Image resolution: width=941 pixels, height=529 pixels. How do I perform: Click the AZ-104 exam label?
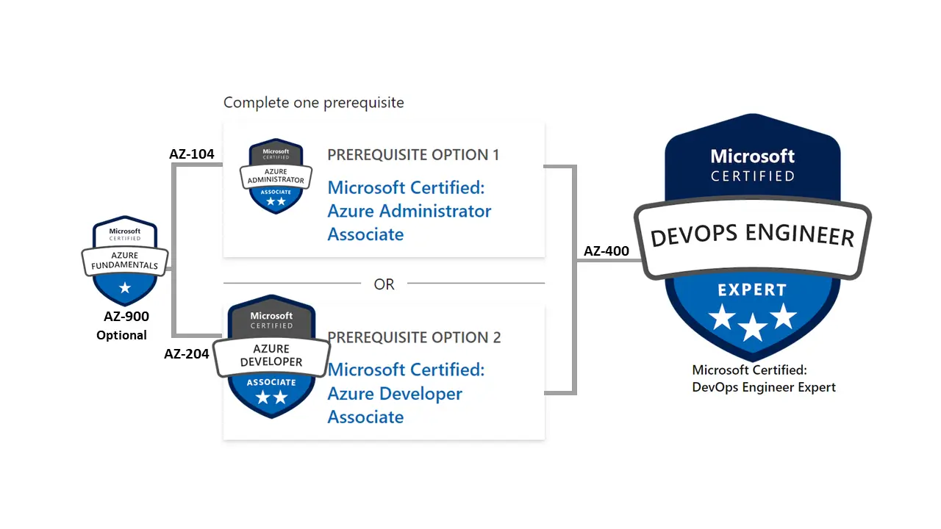tap(192, 154)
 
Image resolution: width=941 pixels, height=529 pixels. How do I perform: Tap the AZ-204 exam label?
tap(186, 354)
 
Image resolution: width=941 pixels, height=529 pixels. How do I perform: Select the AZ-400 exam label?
tap(607, 251)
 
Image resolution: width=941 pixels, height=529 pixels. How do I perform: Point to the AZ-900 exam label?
tap(126, 316)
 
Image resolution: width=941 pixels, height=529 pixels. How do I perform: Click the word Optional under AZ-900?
tap(121, 335)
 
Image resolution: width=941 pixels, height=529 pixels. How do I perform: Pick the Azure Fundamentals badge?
tap(125, 260)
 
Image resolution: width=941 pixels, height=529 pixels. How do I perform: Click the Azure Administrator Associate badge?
tap(276, 176)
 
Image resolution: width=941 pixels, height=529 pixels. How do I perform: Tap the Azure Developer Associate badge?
tap(271, 356)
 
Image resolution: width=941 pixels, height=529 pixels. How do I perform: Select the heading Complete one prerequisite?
tap(313, 102)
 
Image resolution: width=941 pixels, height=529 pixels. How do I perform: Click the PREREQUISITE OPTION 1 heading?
tap(413, 155)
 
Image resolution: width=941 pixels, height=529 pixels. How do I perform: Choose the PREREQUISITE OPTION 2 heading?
tap(414, 337)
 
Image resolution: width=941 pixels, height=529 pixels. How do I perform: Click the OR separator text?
tap(384, 284)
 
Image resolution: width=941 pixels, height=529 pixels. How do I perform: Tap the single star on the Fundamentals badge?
tap(125, 288)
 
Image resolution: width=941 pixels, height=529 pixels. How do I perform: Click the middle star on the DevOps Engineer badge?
tap(752, 327)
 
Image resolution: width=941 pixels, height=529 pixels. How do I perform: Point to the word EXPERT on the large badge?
tap(752, 290)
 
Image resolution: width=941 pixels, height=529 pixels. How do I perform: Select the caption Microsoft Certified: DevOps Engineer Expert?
tap(764, 378)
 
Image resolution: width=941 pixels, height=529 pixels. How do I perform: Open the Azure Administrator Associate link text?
tap(409, 211)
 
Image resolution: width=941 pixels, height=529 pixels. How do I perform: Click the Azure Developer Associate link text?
tap(406, 393)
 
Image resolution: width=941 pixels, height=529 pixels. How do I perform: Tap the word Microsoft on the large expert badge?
tap(752, 156)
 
